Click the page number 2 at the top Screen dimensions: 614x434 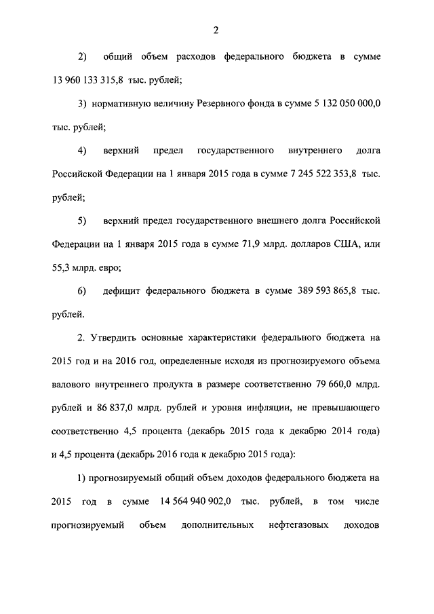(x=216, y=29)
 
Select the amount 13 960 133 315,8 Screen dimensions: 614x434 (x=90, y=80)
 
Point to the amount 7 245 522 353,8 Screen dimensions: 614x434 (x=315, y=174)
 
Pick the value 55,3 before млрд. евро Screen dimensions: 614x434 (x=62, y=267)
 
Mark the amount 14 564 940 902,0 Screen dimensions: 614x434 (x=195, y=501)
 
